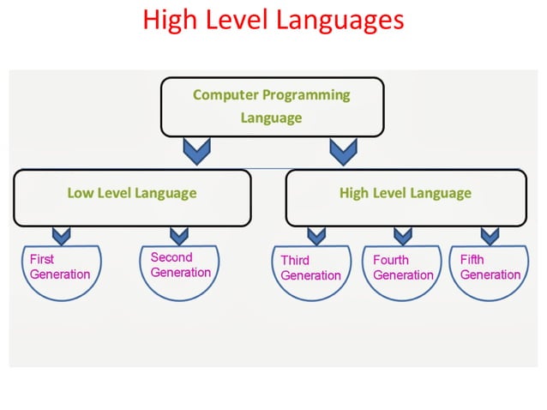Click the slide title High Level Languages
(273, 20)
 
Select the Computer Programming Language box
(271, 106)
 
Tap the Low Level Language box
(132, 193)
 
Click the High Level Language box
(405, 193)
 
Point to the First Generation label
(59, 267)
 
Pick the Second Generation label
(180, 265)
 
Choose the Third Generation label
(310, 268)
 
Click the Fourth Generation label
(403, 268)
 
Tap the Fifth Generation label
(490, 267)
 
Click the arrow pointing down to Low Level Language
(197, 153)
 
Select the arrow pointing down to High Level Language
(343, 153)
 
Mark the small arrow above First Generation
(61, 235)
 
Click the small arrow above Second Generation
(178, 235)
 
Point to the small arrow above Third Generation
(316, 235)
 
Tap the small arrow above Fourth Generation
(402, 235)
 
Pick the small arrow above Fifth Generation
(490, 235)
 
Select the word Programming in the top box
(307, 95)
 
